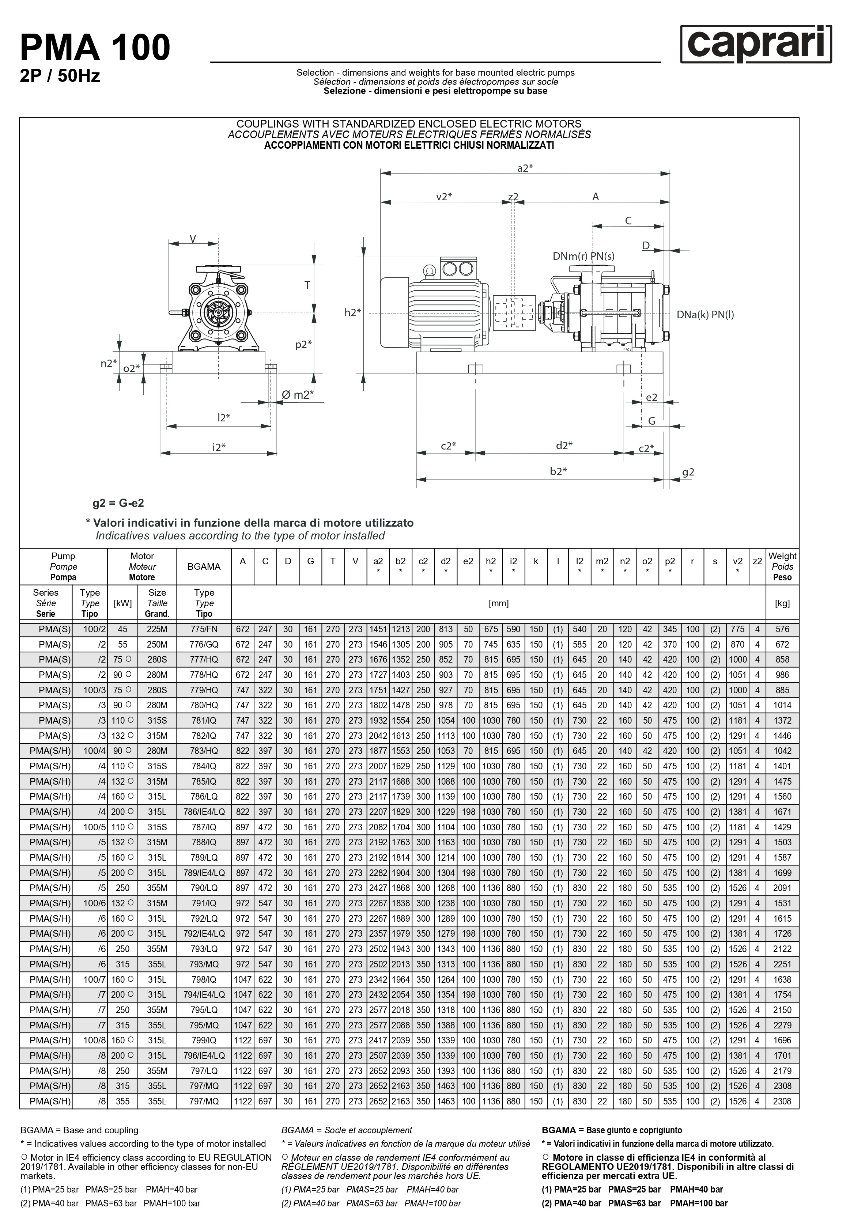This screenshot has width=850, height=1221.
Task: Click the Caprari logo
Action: point(755,45)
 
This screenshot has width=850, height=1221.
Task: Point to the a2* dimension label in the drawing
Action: point(525,168)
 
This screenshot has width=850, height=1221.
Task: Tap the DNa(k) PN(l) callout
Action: point(705,314)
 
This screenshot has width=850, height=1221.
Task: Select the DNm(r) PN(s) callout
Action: point(583,256)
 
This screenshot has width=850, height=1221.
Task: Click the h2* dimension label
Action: point(352,313)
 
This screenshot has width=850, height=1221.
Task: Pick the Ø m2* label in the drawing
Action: point(297,395)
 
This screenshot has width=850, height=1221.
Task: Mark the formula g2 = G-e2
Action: point(118,503)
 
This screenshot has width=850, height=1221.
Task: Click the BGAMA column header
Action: point(204,566)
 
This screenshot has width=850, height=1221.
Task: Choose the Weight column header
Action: point(782,566)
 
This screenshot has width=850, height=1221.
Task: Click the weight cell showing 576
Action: point(782,629)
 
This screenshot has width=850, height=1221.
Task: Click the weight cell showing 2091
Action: point(782,888)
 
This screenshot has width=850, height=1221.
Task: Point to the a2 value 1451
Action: point(378,629)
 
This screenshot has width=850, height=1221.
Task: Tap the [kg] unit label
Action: point(782,603)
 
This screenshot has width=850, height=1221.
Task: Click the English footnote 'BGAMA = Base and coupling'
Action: point(79,1130)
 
